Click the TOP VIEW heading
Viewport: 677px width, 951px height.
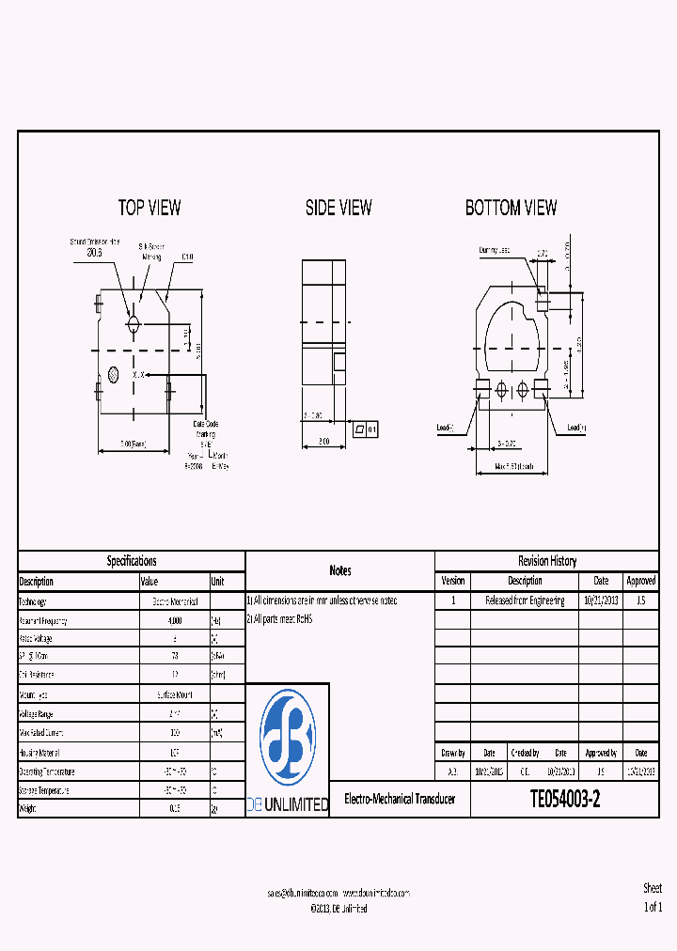pyautogui.click(x=150, y=208)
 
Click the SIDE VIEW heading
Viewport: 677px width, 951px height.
pyautogui.click(x=338, y=208)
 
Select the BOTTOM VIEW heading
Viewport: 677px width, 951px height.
pyautogui.click(x=512, y=208)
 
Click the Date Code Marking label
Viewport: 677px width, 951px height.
pyautogui.click(x=206, y=429)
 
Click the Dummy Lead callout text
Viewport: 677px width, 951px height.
pyautogui.click(x=495, y=251)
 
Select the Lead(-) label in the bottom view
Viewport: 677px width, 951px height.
pyautogui.click(x=445, y=428)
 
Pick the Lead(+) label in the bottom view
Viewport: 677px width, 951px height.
pyautogui.click(x=576, y=428)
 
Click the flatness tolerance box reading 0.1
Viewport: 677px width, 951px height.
pyautogui.click(x=365, y=429)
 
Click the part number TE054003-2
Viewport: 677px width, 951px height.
pyautogui.click(x=565, y=800)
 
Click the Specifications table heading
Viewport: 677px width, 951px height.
pyautogui.click(x=132, y=561)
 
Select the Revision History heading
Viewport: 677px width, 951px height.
pyautogui.click(x=547, y=561)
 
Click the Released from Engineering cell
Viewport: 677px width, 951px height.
pyautogui.click(x=525, y=600)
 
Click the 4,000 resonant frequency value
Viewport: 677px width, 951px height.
pyautogui.click(x=175, y=620)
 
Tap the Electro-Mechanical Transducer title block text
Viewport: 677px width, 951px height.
pyautogui.click(x=400, y=800)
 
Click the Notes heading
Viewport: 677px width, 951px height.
pyautogui.click(x=340, y=570)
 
